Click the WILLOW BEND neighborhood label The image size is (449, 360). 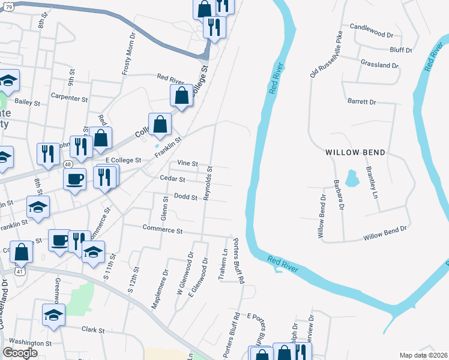355,152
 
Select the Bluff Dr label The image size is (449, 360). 400,50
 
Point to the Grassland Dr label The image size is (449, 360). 380,64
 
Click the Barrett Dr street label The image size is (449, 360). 361,101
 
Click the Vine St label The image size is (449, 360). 188,163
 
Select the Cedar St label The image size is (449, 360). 172,179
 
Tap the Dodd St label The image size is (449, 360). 185,196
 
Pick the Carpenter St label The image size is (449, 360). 70,96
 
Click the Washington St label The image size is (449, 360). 31,343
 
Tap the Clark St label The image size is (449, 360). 93,330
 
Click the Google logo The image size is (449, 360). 20,353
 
